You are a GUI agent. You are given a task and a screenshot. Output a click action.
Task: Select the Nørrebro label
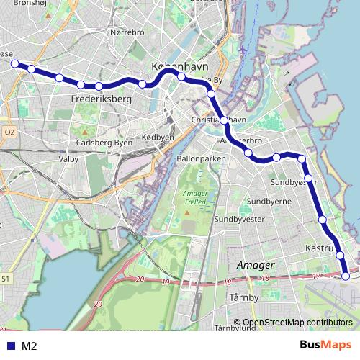[127, 32]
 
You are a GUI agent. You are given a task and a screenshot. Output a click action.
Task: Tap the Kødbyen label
[158, 137]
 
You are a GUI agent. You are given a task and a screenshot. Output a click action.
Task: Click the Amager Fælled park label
[194, 198]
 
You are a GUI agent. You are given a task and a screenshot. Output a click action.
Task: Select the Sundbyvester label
[243, 219]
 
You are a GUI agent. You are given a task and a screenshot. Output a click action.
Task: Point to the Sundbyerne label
[269, 202]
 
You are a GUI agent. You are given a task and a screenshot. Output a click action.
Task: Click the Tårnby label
[243, 297]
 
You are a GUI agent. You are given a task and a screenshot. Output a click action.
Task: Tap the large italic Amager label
[255, 265]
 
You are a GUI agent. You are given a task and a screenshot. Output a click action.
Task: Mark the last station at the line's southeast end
[346, 276]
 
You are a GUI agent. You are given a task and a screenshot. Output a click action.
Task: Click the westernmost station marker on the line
[14, 63]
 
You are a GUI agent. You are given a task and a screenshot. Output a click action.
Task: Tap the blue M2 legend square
[11, 346]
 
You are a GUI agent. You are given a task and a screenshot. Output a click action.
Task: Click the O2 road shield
[9, 132]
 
